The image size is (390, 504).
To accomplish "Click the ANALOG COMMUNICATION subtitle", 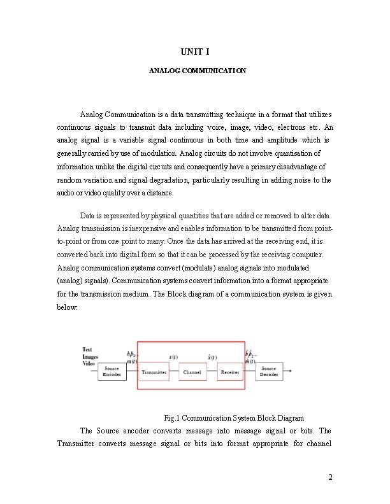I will click(x=197, y=71).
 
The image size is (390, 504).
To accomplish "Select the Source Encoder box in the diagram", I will click(x=112, y=372).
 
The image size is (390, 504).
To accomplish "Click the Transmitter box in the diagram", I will click(x=154, y=372).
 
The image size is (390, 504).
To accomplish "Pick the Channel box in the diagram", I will click(x=192, y=372).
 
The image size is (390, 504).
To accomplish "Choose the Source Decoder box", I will click(x=269, y=372).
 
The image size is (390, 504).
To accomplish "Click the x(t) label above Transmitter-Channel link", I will click(x=173, y=357).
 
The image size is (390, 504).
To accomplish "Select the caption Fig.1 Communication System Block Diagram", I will click(x=234, y=418).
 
